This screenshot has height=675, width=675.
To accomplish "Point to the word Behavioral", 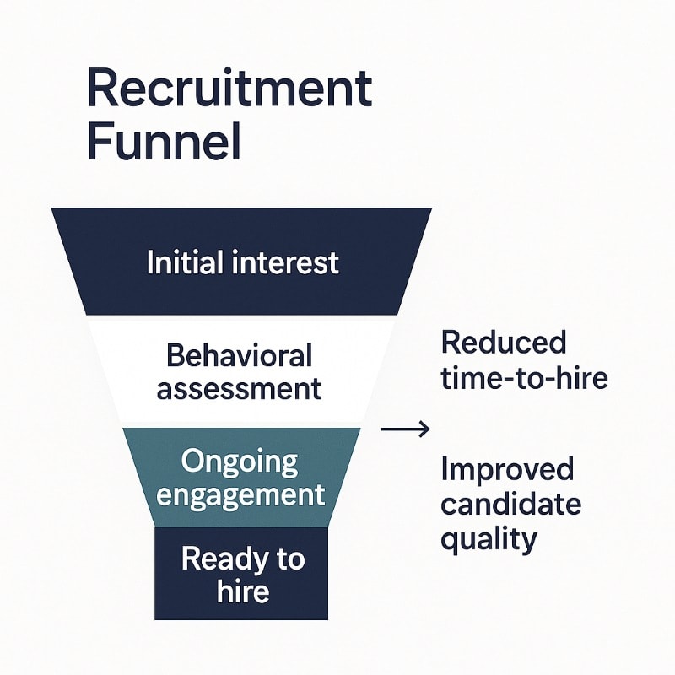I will pos(240,355).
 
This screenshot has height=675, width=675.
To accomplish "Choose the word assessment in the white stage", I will pos(240,388).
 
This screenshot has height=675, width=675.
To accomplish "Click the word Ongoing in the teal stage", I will pos(240,462).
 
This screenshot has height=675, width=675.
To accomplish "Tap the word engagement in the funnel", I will pos(240,494).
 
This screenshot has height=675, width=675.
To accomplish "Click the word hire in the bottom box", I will pos(242,591).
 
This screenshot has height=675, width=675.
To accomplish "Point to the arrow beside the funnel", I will pos(405,429).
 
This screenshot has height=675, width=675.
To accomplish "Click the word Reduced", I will pos(504,343).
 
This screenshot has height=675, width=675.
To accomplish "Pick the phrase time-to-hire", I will pos(524,377).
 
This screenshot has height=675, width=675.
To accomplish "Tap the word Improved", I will pos(507,469).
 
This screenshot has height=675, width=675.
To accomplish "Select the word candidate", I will pos(510,504).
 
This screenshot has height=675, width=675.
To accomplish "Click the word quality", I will pos(489,537).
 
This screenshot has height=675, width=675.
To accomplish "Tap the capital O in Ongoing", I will pos(194,462).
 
